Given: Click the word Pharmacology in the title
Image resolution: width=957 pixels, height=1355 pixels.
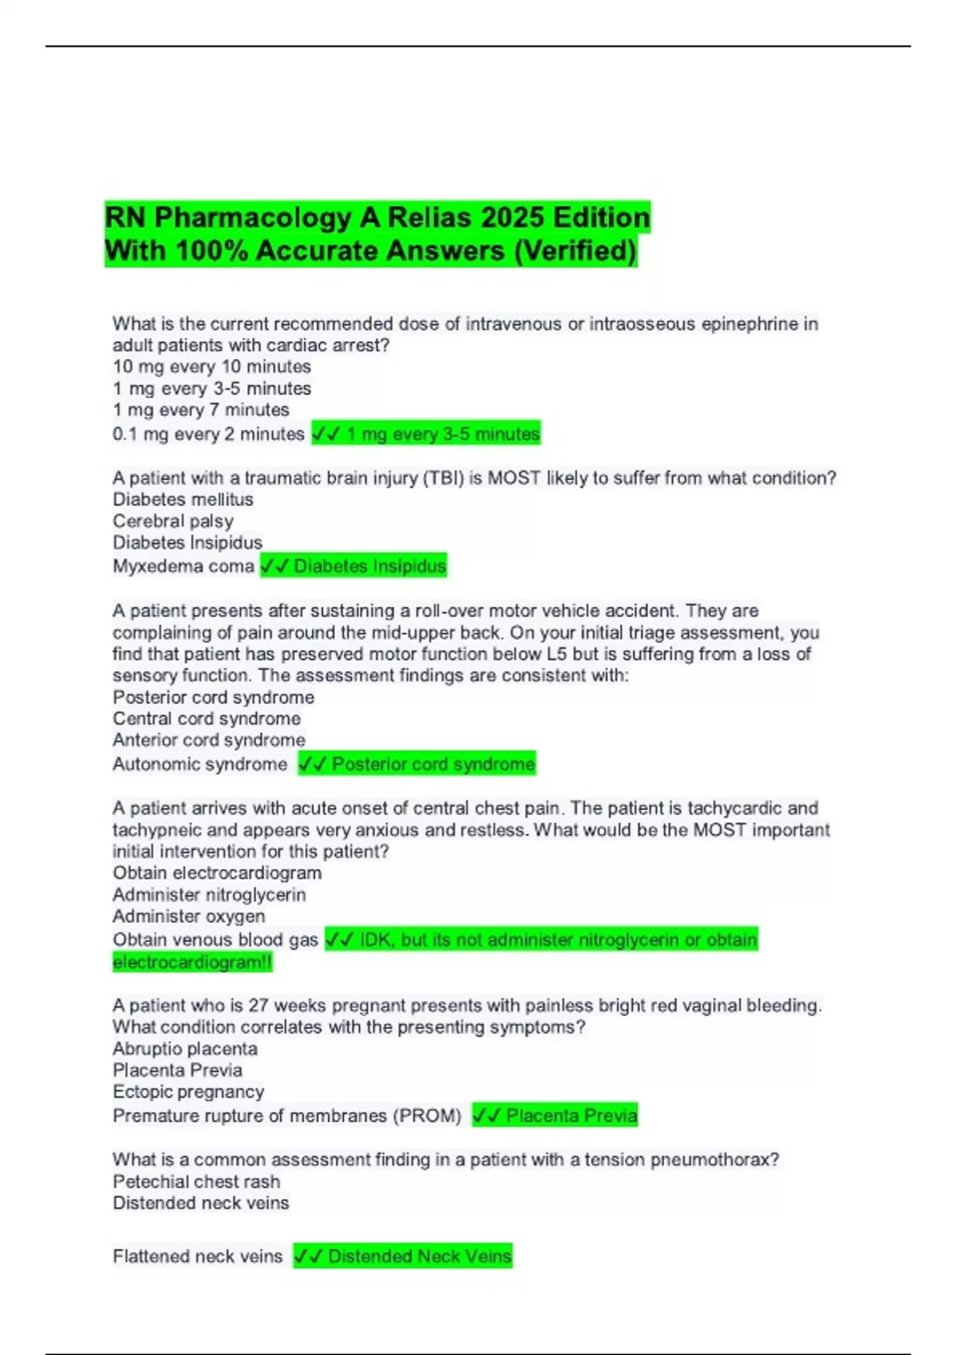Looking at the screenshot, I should tap(253, 218).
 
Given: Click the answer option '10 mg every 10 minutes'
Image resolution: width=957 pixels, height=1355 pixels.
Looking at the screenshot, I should tap(211, 367).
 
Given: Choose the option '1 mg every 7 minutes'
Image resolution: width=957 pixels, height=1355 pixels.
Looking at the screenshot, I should tap(201, 410).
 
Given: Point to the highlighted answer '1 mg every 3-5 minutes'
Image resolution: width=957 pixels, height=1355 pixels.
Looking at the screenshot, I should tap(443, 434).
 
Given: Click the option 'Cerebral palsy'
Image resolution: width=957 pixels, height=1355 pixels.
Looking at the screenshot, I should tap(173, 521).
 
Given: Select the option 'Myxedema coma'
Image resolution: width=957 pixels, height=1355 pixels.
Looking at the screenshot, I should tap(183, 566).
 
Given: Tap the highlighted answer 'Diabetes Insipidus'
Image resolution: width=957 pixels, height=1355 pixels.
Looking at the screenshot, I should tap(369, 566).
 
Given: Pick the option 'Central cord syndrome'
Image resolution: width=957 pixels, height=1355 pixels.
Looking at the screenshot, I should tap(207, 719).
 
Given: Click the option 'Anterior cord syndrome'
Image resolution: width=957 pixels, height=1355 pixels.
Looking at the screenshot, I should tap(209, 740).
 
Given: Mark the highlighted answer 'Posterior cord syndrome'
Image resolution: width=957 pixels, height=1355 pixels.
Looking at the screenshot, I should tap(433, 764).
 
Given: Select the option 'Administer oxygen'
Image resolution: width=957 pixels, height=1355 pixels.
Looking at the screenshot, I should tap(189, 917).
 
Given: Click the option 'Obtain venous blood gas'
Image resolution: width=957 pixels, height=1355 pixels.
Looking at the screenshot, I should tap(215, 940).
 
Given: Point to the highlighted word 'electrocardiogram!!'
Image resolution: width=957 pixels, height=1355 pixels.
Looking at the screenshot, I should tap(192, 963).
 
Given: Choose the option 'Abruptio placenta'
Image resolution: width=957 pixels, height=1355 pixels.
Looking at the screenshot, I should tap(185, 1049).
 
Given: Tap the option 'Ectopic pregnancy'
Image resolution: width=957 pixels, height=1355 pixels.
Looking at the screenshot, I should tap(188, 1092).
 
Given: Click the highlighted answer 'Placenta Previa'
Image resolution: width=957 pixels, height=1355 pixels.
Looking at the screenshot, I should tap(571, 1115).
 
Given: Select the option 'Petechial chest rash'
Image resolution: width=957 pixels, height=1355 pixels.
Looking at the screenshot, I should tap(196, 1182).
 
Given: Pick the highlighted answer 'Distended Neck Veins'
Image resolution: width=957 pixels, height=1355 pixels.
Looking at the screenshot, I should tap(419, 1257).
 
